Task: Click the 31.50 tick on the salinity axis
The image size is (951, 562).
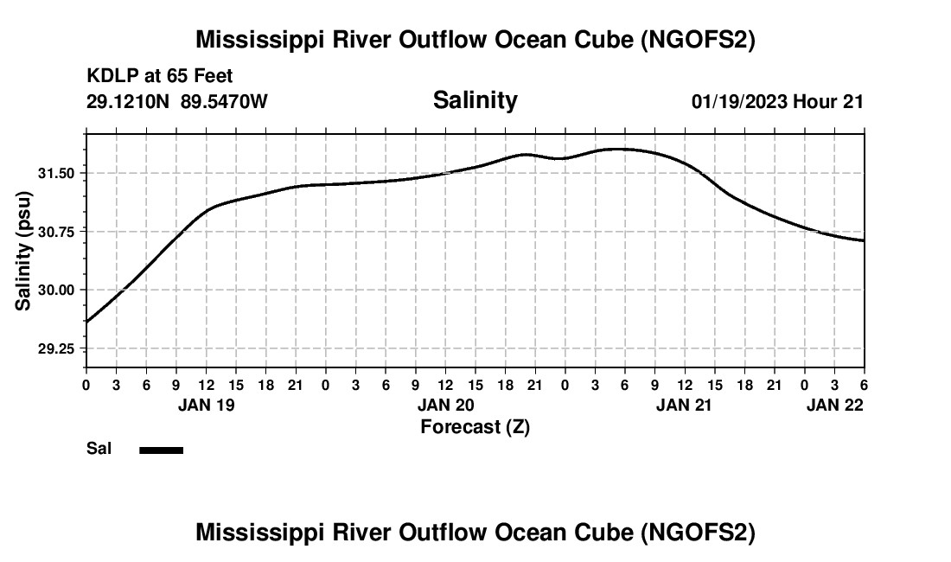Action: click(x=56, y=174)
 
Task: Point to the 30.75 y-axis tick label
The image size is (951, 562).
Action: click(x=56, y=232)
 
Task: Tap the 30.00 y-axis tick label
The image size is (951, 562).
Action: click(x=56, y=290)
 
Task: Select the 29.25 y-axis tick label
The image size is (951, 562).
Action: click(x=56, y=348)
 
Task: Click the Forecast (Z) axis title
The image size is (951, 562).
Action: click(x=475, y=427)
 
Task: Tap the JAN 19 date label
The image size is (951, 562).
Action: click(x=207, y=405)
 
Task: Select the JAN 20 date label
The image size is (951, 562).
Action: click(x=445, y=405)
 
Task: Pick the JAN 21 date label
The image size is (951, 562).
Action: click(x=684, y=405)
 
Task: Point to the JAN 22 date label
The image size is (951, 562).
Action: click(x=835, y=405)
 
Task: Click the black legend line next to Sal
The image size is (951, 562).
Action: click(x=162, y=450)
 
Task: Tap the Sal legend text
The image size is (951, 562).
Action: click(x=99, y=449)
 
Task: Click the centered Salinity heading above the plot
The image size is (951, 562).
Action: click(x=475, y=100)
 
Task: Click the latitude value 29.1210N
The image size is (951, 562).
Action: click(x=129, y=101)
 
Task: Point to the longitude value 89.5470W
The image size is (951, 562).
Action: click(x=224, y=101)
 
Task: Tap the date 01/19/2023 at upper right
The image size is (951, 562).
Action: click(x=739, y=101)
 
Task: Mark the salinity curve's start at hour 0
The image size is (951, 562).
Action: click(x=86, y=322)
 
